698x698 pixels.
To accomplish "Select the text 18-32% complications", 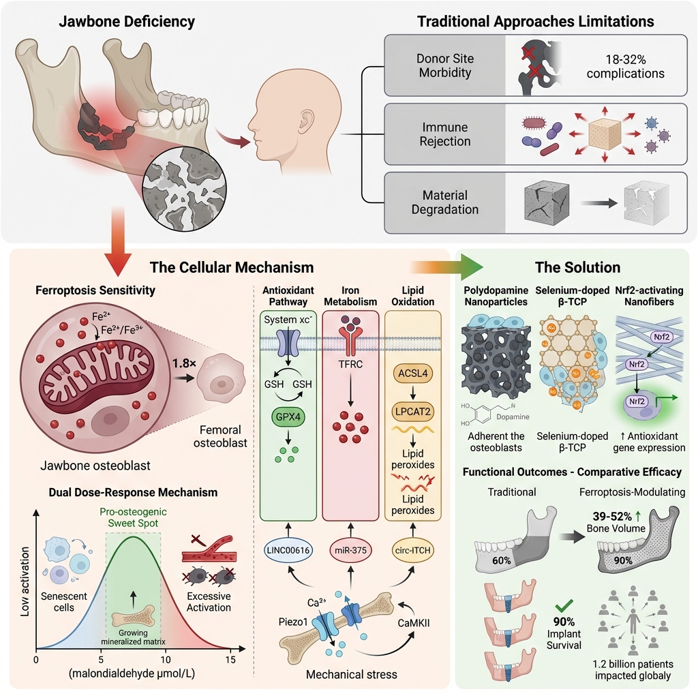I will (620, 66).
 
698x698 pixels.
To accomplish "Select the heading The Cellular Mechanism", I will (242, 267).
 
